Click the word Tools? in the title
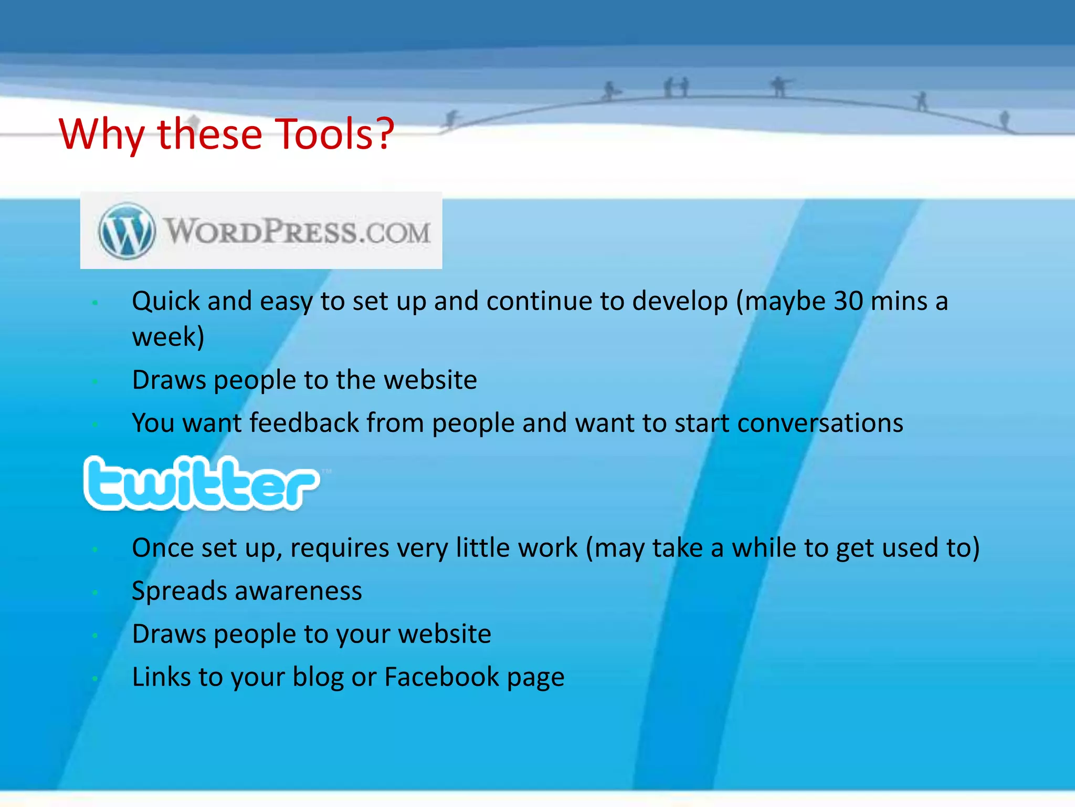(334, 134)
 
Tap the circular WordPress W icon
(127, 231)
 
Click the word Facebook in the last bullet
(441, 677)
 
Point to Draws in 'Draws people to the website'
(169, 380)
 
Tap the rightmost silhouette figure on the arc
(1004, 120)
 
